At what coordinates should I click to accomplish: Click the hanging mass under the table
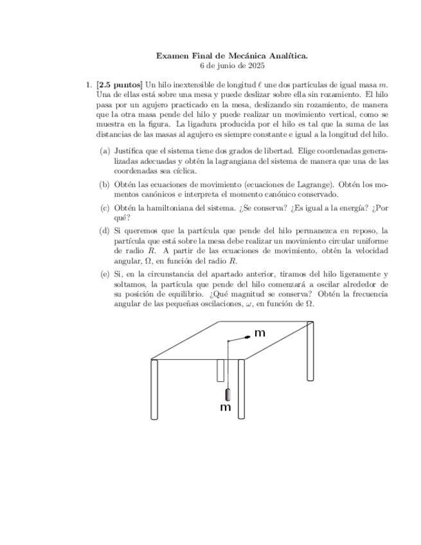click(x=227, y=395)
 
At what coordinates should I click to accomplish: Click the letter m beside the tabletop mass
click(x=260, y=333)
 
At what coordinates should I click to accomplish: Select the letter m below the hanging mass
click(x=226, y=407)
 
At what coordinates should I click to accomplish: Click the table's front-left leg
click(x=154, y=389)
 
